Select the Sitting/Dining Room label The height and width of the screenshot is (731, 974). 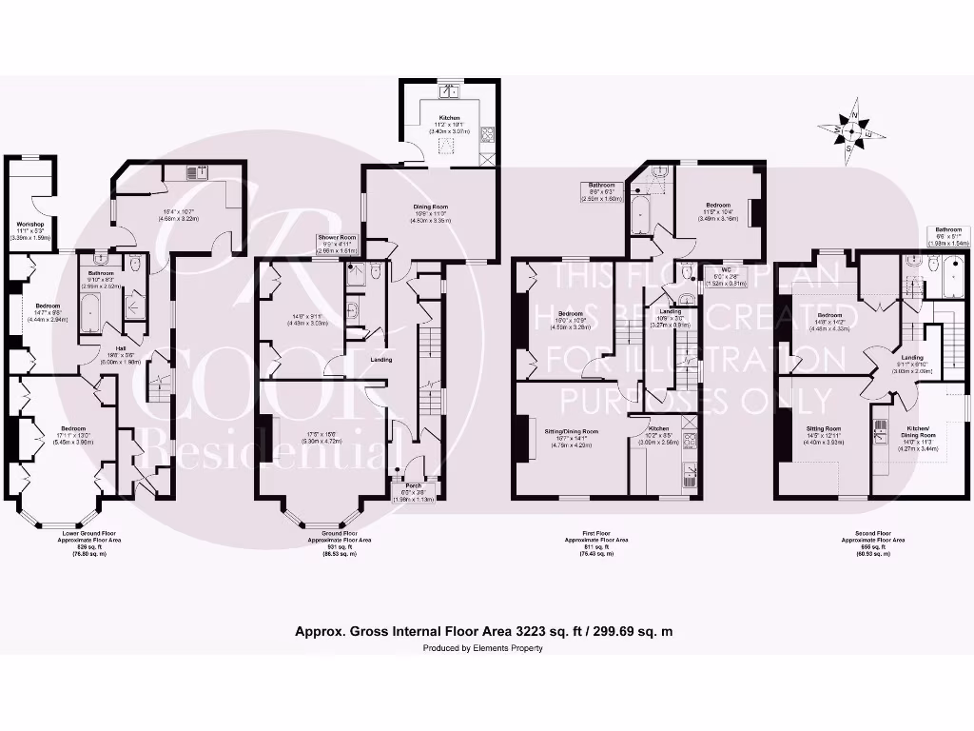click(571, 431)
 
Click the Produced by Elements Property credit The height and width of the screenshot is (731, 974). click(483, 648)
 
